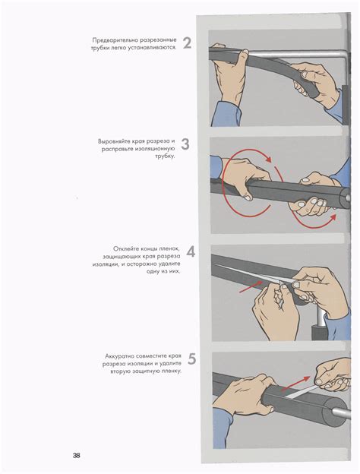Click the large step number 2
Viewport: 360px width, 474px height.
coord(187,43)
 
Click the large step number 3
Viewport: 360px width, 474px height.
coord(185,144)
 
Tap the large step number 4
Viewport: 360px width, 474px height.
coord(191,252)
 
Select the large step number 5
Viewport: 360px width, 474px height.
coord(191,359)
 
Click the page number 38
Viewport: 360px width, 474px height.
coord(76,455)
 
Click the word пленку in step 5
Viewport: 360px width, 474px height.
coord(172,371)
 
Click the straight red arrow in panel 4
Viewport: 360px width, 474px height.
coord(251,286)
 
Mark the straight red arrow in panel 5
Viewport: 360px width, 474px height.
coord(295,384)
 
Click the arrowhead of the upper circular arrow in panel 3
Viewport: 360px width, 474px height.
coord(268,160)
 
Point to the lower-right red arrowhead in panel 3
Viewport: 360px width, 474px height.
coord(333,218)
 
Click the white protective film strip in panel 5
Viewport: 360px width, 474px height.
coord(302,391)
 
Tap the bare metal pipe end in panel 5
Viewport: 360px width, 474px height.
coord(341,413)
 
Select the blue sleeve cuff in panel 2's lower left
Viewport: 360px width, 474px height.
coord(225,113)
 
